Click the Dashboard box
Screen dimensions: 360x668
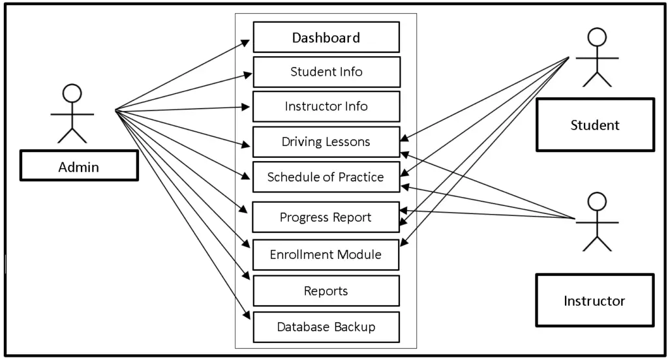(326, 37)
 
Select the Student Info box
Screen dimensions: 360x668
(326, 72)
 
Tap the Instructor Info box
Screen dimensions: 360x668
(326, 106)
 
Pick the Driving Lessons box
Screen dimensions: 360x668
(326, 142)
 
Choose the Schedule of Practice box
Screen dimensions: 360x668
(326, 177)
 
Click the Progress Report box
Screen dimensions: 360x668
(326, 217)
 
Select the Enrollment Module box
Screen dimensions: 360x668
(326, 254)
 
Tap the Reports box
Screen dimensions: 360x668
(326, 291)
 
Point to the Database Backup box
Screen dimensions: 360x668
(326, 327)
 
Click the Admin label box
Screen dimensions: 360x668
(79, 166)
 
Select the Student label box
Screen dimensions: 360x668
(595, 125)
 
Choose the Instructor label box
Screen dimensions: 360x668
(594, 301)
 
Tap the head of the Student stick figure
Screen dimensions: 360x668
(597, 37)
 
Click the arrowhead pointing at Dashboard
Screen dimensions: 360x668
(247, 41)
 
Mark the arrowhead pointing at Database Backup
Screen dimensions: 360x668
(247, 316)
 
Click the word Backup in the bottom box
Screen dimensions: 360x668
(353, 327)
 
